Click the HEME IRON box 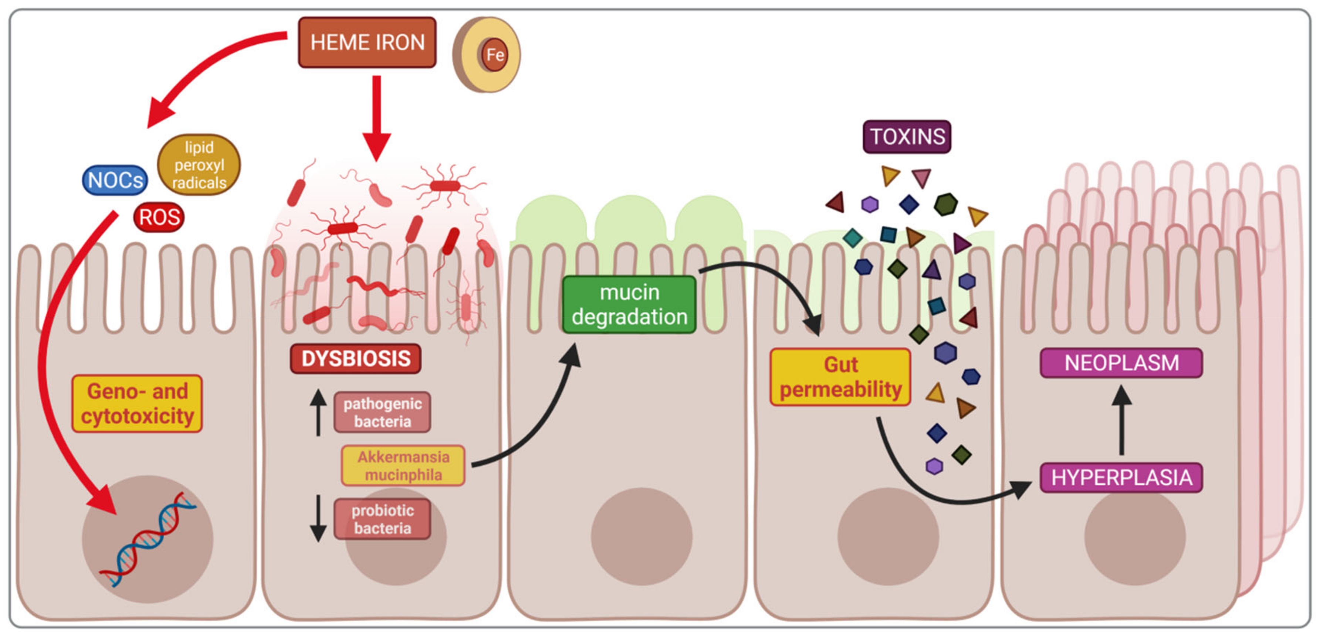click(x=367, y=42)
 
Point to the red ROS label click(x=159, y=217)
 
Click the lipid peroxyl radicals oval click(x=199, y=164)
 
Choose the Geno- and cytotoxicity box click(x=137, y=403)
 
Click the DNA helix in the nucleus click(x=147, y=539)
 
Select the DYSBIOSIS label click(x=356, y=358)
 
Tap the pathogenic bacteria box click(x=382, y=412)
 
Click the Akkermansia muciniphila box click(x=403, y=465)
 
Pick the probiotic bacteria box click(x=382, y=519)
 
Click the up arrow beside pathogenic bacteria click(x=318, y=412)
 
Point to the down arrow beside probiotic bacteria click(x=318, y=518)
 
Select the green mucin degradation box click(x=629, y=305)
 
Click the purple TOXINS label click(x=907, y=137)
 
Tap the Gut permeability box click(x=840, y=377)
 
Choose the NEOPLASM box click(x=1121, y=363)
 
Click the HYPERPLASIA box click(x=1121, y=477)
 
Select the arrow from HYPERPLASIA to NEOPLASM click(x=1122, y=420)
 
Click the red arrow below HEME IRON click(x=377, y=118)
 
